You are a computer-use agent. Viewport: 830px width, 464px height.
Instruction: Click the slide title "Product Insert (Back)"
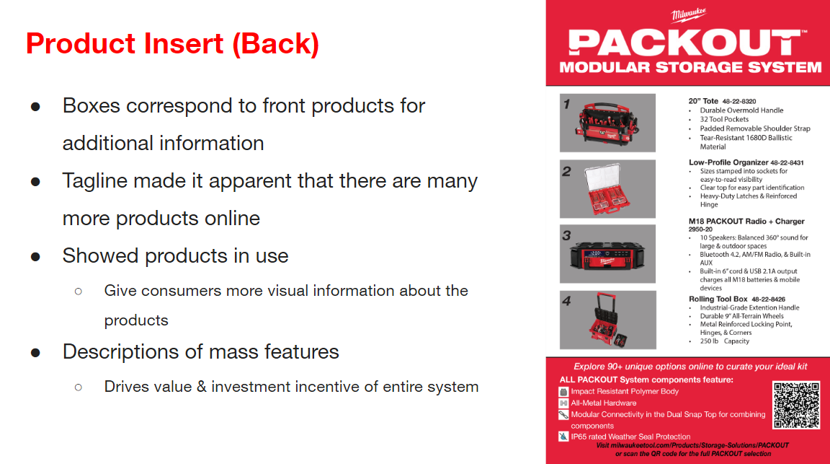(172, 44)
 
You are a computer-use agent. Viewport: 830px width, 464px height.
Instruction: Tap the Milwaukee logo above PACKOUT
(688, 15)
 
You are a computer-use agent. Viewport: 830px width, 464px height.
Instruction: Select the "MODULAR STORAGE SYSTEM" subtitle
(690, 67)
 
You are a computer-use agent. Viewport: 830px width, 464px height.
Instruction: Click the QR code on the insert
(796, 405)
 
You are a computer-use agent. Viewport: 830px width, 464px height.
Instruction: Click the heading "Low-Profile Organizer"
(728, 162)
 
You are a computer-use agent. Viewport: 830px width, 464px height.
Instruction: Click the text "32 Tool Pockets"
(724, 120)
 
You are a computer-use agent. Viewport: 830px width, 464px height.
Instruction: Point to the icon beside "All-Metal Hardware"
(564, 403)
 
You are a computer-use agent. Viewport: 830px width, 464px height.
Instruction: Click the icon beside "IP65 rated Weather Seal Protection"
(564, 437)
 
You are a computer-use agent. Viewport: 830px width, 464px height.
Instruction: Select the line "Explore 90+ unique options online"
(690, 367)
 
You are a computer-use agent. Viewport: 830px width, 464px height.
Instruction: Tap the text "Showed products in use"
(175, 255)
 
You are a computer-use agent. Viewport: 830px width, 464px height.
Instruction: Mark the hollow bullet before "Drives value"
(78, 387)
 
